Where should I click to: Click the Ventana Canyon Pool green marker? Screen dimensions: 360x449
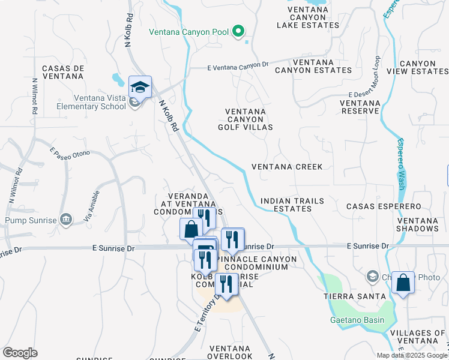[238, 31]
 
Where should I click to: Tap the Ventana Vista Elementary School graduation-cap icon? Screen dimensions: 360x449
[140, 87]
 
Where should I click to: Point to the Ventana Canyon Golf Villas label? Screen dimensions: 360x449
[249, 119]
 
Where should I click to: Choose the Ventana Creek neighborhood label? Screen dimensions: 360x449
[287, 167]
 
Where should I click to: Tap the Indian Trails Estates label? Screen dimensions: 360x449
[292, 205]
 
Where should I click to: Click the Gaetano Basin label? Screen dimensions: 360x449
[357, 319]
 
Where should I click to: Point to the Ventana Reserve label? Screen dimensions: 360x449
[360, 107]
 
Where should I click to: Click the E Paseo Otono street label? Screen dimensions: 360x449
[70, 154]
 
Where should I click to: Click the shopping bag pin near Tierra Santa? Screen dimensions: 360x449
[403, 282]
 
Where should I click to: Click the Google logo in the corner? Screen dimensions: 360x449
[20, 353]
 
